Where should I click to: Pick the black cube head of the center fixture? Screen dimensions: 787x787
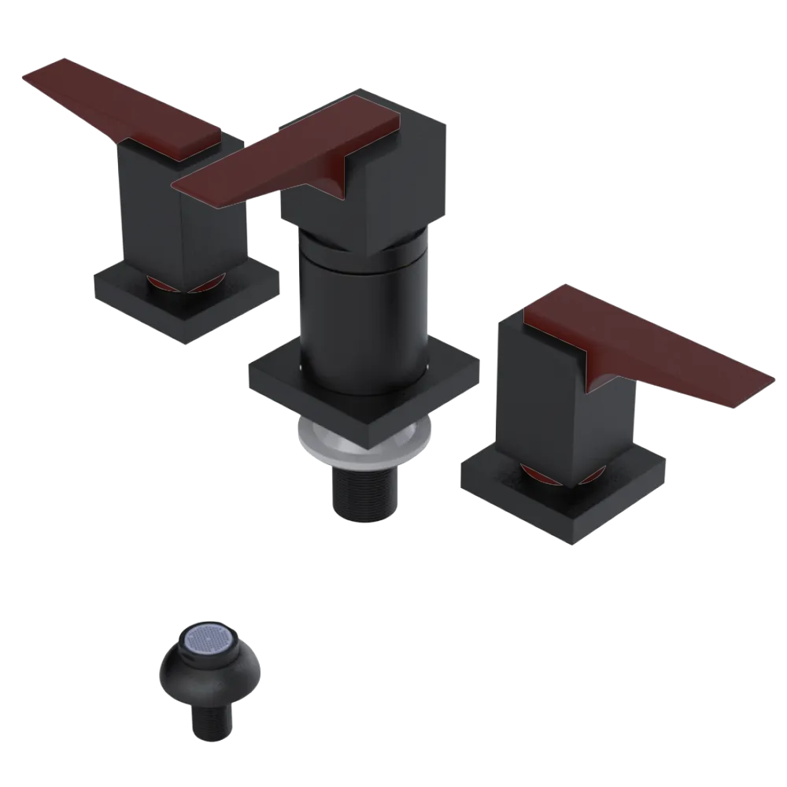(x=409, y=173)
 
